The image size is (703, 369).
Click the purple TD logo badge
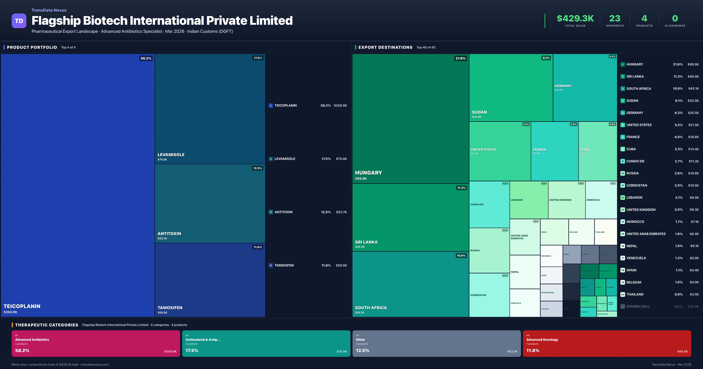(x=19, y=21)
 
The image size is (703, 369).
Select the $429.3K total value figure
(x=575, y=18)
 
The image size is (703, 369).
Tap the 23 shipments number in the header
(x=615, y=18)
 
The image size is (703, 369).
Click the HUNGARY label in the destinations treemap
(x=368, y=173)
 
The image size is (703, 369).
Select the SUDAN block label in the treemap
(x=479, y=112)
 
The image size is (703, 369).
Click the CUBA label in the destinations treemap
(x=585, y=150)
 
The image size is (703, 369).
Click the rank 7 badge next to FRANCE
(x=622, y=137)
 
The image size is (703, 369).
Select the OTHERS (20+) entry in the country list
(x=638, y=306)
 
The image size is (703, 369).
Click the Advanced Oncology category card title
(x=542, y=340)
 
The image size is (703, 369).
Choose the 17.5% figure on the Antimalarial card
(x=192, y=350)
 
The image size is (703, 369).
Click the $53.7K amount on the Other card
(x=512, y=351)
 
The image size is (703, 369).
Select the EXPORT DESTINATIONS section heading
(x=385, y=47)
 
